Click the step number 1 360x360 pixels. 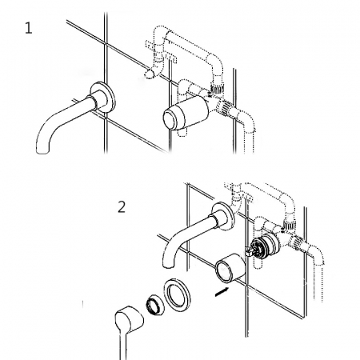click(29, 28)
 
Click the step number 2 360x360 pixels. click(122, 207)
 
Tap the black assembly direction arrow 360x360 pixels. click(222, 291)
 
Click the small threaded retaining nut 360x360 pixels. click(155, 306)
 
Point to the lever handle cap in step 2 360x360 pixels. click(129, 320)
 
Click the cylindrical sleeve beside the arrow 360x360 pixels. click(230, 267)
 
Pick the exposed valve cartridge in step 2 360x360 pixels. click(265, 246)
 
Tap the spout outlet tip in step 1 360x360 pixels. click(42, 150)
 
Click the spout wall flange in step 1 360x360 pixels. click(102, 97)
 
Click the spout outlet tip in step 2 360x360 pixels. click(169, 265)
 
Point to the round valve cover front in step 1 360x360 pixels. click(170, 120)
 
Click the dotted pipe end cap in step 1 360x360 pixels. click(149, 74)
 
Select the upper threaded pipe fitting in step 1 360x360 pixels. click(218, 87)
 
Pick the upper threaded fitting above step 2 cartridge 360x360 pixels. click(290, 226)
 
